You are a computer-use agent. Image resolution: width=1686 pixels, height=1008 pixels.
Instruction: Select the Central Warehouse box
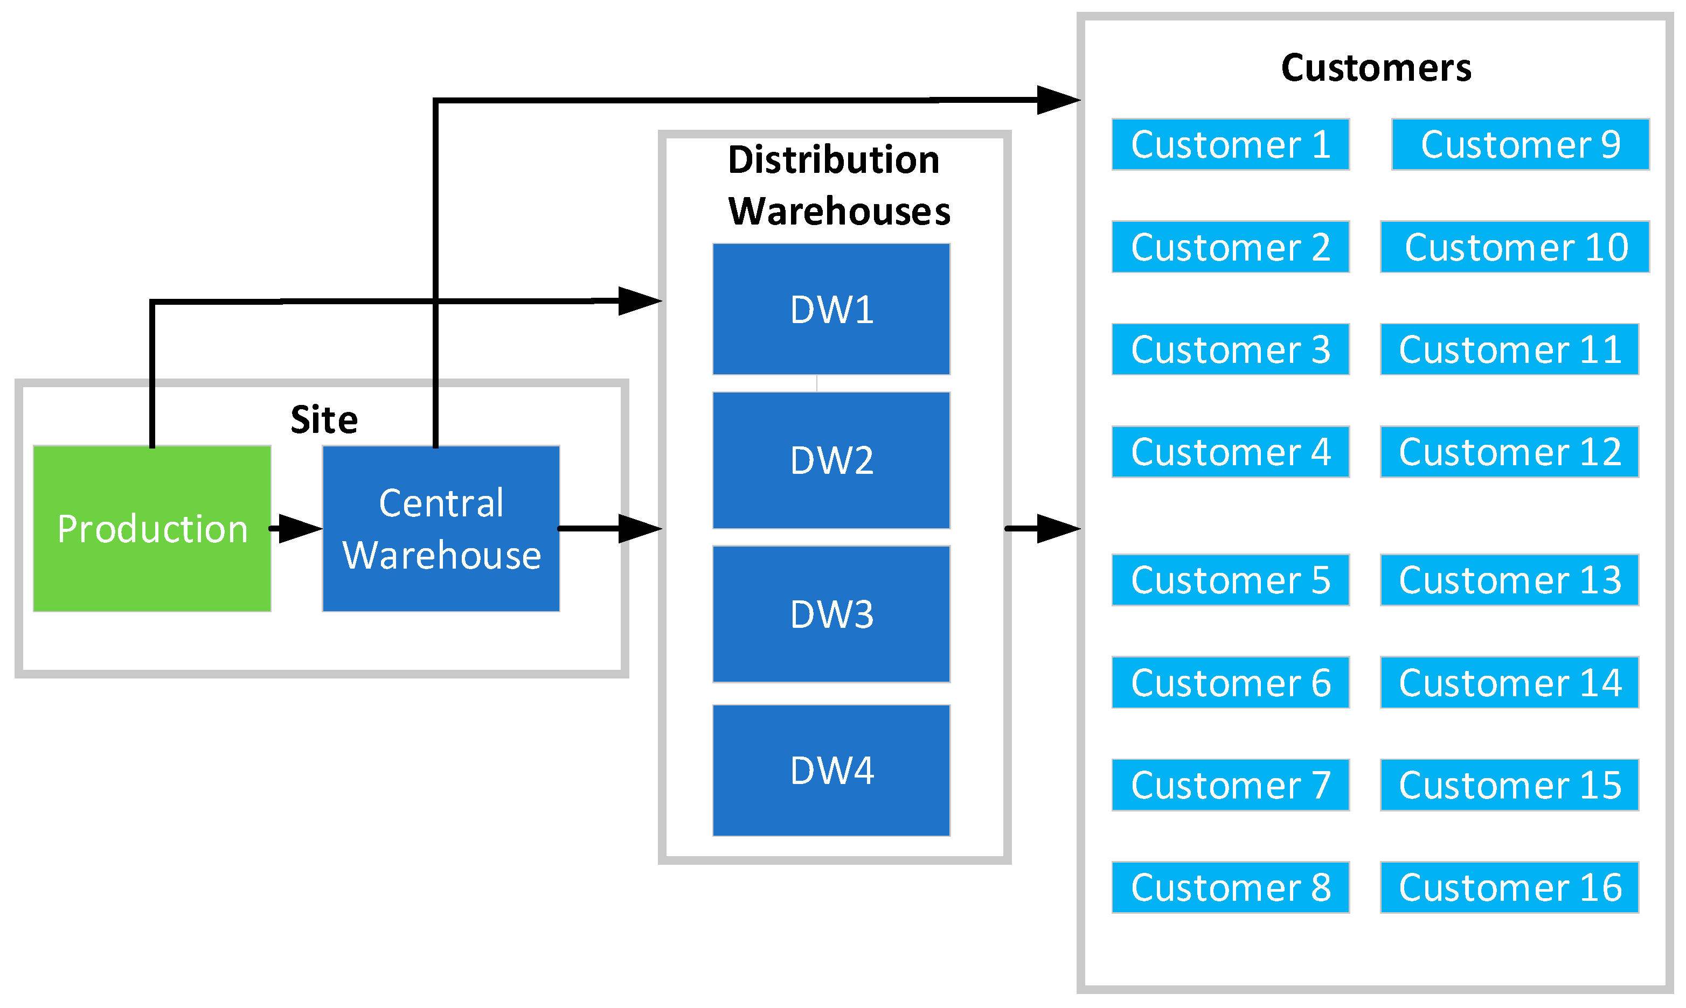click(x=441, y=528)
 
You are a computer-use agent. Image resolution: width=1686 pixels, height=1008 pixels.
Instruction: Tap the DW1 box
click(x=831, y=309)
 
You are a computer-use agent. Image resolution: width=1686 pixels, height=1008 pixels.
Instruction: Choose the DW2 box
click(x=831, y=460)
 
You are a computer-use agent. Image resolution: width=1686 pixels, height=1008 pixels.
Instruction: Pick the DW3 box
click(x=831, y=613)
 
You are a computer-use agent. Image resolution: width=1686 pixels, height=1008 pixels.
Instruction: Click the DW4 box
click(x=831, y=769)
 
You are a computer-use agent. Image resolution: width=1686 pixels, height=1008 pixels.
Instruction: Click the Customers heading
click(x=1376, y=68)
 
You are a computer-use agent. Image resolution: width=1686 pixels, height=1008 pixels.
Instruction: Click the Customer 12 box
click(x=1509, y=452)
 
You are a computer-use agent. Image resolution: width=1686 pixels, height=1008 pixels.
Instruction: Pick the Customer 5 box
click(x=1230, y=580)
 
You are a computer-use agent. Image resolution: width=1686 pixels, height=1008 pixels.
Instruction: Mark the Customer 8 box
click(x=1230, y=887)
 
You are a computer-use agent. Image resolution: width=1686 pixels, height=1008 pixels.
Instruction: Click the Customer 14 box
click(x=1509, y=683)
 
